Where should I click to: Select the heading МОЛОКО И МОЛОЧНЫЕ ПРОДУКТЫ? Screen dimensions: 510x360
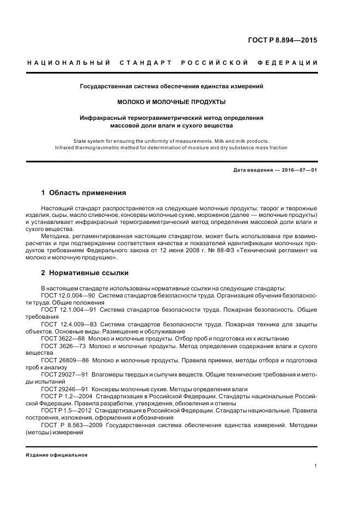172,102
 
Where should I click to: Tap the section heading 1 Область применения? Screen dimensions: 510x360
83,193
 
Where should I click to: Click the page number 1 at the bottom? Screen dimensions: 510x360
316,466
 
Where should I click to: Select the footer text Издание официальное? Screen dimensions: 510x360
57,454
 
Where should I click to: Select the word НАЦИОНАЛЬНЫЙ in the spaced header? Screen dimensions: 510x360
68,63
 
